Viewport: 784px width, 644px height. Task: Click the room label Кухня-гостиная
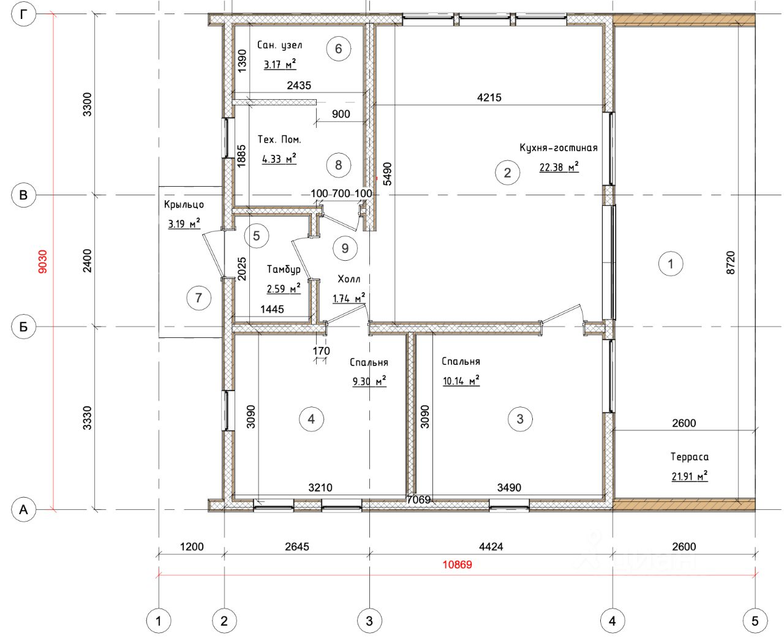click(x=559, y=148)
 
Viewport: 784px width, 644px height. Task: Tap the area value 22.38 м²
click(x=559, y=167)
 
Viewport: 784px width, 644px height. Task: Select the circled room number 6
click(x=338, y=49)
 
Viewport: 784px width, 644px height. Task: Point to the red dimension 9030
click(x=43, y=261)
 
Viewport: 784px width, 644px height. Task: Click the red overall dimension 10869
click(x=457, y=564)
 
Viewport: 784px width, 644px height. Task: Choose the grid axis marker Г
click(x=24, y=14)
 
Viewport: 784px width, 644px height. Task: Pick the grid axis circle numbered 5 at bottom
click(x=755, y=621)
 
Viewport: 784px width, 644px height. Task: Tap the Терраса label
click(x=690, y=457)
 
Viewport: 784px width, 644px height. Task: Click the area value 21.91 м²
click(x=690, y=476)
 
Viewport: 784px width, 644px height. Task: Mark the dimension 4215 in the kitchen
click(x=489, y=97)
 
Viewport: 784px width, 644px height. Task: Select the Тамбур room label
click(x=284, y=269)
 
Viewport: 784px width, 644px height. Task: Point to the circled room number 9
click(x=345, y=249)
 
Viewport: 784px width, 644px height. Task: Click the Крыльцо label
click(x=184, y=204)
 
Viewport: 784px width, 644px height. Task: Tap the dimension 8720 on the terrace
click(x=731, y=263)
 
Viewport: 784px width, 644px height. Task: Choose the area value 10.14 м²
click(x=461, y=381)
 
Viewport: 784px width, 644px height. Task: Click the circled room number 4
click(x=312, y=419)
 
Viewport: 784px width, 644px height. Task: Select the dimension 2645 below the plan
click(x=297, y=547)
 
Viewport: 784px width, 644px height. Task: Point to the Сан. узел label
click(x=279, y=45)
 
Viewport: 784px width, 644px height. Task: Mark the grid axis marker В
click(x=23, y=195)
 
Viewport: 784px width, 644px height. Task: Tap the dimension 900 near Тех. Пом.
click(x=341, y=114)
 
